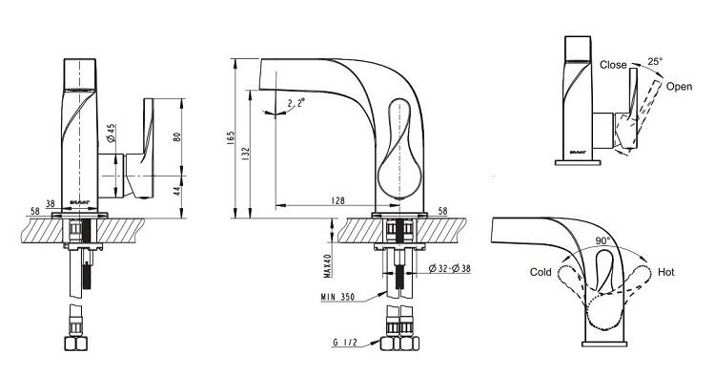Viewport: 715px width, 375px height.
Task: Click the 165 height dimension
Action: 231,138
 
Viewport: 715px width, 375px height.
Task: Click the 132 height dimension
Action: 245,154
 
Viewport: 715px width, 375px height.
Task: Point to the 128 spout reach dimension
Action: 338,200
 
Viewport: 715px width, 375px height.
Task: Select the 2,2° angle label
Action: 296,104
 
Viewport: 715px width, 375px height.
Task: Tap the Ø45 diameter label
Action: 112,133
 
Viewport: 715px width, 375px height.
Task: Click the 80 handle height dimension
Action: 177,136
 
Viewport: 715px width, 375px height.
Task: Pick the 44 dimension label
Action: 177,190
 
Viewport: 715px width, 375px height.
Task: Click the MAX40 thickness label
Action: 327,265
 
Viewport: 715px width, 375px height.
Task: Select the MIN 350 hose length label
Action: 337,297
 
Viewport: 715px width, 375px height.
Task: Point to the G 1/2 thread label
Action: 345,343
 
